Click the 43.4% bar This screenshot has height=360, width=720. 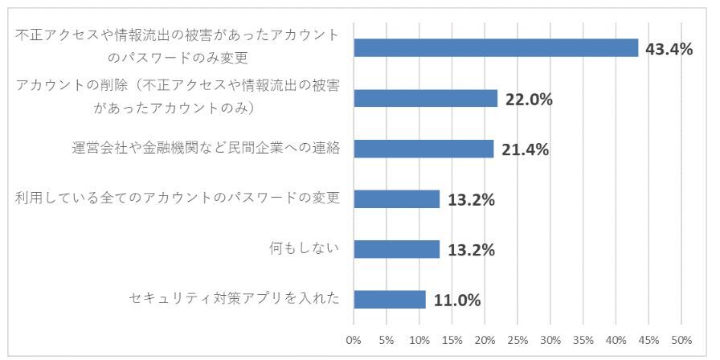tap(496, 48)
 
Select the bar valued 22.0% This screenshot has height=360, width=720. tap(426, 98)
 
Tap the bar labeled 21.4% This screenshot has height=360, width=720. tap(423, 149)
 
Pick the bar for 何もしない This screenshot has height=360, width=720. tap(397, 249)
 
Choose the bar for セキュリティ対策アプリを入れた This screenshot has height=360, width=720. tap(390, 299)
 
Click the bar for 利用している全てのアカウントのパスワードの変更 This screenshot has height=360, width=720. tap(397, 198)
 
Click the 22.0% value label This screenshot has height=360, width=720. tap(529, 100)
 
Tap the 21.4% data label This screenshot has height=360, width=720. tap(525, 149)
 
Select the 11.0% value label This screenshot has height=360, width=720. tap(456, 301)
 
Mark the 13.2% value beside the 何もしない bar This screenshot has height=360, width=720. tap(471, 250)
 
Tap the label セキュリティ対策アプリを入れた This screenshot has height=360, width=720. tap(234, 299)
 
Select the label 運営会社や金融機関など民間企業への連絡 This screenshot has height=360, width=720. tap(205, 149)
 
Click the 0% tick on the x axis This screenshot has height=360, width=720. tap(354, 340)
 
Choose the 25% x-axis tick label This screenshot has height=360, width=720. tap(517, 340)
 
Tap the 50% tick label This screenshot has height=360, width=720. tap(681, 340)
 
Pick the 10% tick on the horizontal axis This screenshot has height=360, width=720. tap(419, 340)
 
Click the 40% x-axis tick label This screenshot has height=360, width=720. tap(616, 340)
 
